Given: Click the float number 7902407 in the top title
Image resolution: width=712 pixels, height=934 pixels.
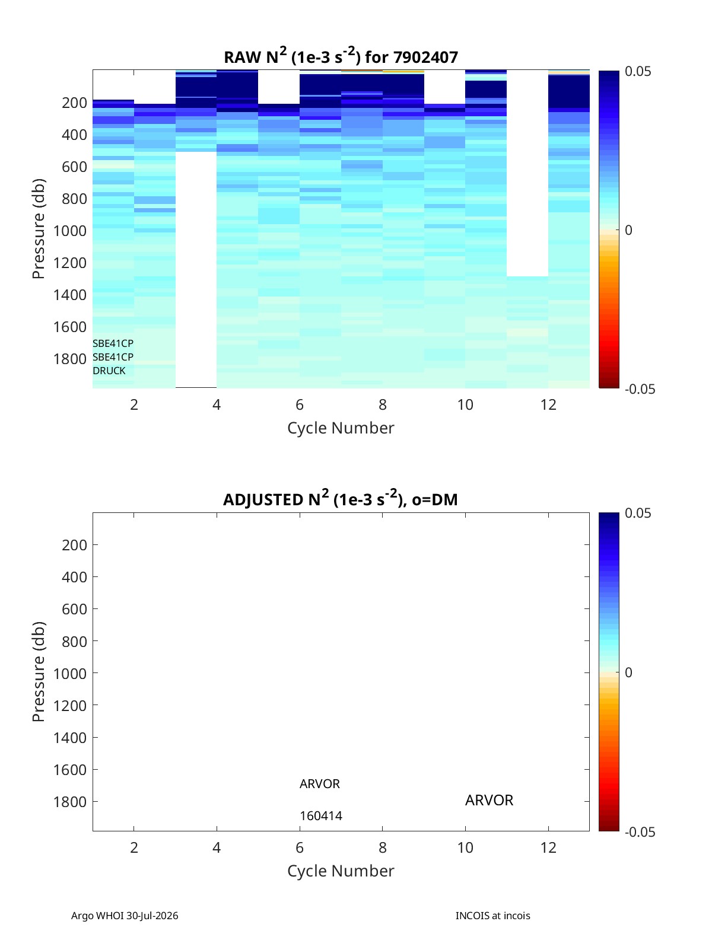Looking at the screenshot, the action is tap(425, 57).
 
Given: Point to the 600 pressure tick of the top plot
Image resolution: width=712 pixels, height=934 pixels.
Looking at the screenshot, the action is tap(75, 167).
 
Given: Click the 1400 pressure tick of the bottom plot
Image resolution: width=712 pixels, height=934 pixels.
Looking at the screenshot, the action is tap(70, 737).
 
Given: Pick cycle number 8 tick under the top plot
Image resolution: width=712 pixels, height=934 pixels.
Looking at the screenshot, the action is tap(382, 404).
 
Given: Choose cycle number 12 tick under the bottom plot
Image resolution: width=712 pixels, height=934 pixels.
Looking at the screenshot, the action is tap(548, 847).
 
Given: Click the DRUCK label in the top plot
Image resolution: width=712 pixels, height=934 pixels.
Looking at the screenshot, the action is tap(109, 371).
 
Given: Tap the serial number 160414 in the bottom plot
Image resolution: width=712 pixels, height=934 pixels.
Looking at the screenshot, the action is tap(321, 816).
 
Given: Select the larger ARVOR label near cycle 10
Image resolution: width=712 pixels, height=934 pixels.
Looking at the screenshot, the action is tap(489, 800).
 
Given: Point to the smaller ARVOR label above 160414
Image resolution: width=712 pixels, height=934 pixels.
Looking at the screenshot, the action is tap(320, 784).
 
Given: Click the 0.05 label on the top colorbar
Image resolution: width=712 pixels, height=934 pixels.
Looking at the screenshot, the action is tap(637, 71).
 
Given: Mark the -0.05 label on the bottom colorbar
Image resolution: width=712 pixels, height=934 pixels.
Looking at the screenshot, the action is tap(640, 831).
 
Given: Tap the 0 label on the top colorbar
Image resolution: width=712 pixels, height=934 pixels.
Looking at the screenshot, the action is tap(628, 230).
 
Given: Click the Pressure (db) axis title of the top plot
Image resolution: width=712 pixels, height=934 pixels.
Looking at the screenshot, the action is tap(39, 228).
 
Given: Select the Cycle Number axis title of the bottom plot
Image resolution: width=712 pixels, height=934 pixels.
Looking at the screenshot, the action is tap(341, 871).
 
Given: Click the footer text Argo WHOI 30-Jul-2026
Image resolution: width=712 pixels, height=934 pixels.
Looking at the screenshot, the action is tap(125, 915).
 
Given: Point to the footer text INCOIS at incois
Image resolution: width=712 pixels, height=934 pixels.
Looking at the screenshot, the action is tap(493, 915).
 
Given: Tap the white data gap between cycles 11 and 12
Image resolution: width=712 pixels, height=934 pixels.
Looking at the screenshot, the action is tap(527, 173).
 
